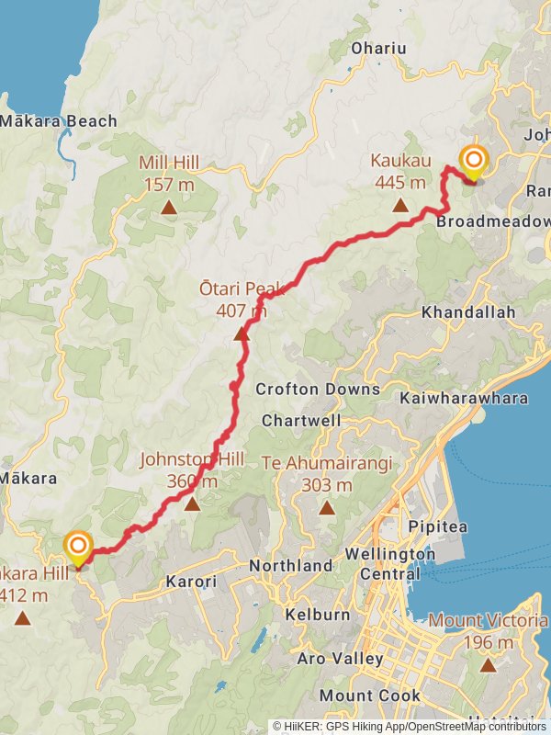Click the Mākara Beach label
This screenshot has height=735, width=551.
[x=59, y=120]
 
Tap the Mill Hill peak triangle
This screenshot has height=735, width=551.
[x=169, y=208]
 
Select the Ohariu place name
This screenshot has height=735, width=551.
[x=378, y=48]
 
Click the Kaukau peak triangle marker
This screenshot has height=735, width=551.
[x=400, y=205]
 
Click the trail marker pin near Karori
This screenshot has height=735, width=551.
[x=78, y=548]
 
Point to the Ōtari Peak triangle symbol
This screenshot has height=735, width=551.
[x=242, y=334]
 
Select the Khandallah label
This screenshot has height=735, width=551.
[x=468, y=312]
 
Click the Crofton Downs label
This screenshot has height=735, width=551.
[x=318, y=389]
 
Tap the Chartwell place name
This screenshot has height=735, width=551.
[x=301, y=420]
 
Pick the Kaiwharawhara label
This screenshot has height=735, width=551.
[x=464, y=398]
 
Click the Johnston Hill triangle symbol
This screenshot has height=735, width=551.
[x=192, y=503]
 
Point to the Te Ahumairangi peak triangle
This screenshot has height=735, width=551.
[x=326, y=507]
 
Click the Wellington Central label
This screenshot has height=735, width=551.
[x=390, y=563]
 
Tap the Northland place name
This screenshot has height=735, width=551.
[x=291, y=565]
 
